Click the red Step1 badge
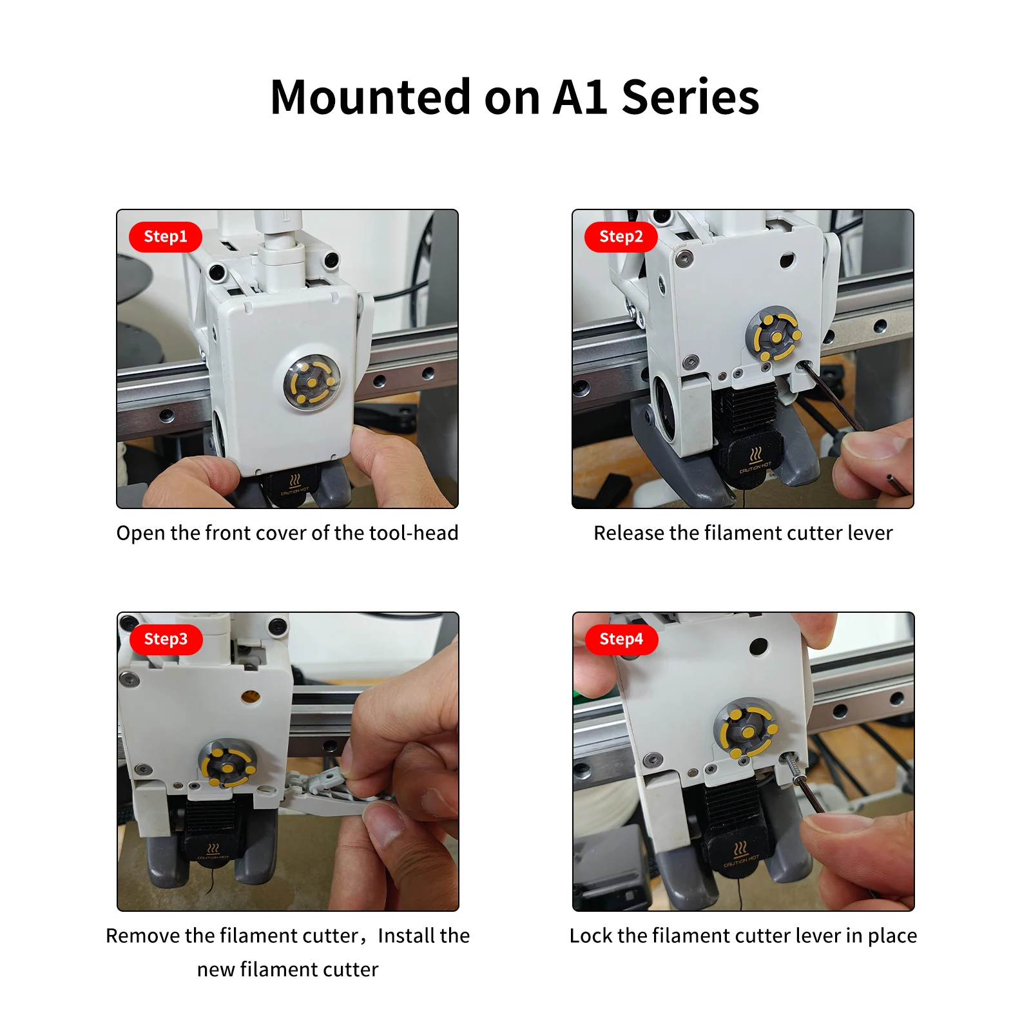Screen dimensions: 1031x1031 [x=166, y=236]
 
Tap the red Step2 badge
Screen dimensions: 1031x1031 [x=621, y=236]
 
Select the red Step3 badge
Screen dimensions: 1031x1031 [x=166, y=639]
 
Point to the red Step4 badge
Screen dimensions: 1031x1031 [x=621, y=639]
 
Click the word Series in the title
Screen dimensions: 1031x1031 [x=690, y=98]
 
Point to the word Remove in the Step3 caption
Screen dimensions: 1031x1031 [x=143, y=936]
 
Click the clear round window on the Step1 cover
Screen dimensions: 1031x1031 [x=312, y=382]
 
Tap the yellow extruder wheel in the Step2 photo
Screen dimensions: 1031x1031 [x=776, y=336]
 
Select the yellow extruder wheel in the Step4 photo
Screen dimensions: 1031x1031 [x=746, y=732]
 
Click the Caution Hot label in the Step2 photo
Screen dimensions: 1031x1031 [x=755, y=460]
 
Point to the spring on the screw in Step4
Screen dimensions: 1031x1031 [x=792, y=767]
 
